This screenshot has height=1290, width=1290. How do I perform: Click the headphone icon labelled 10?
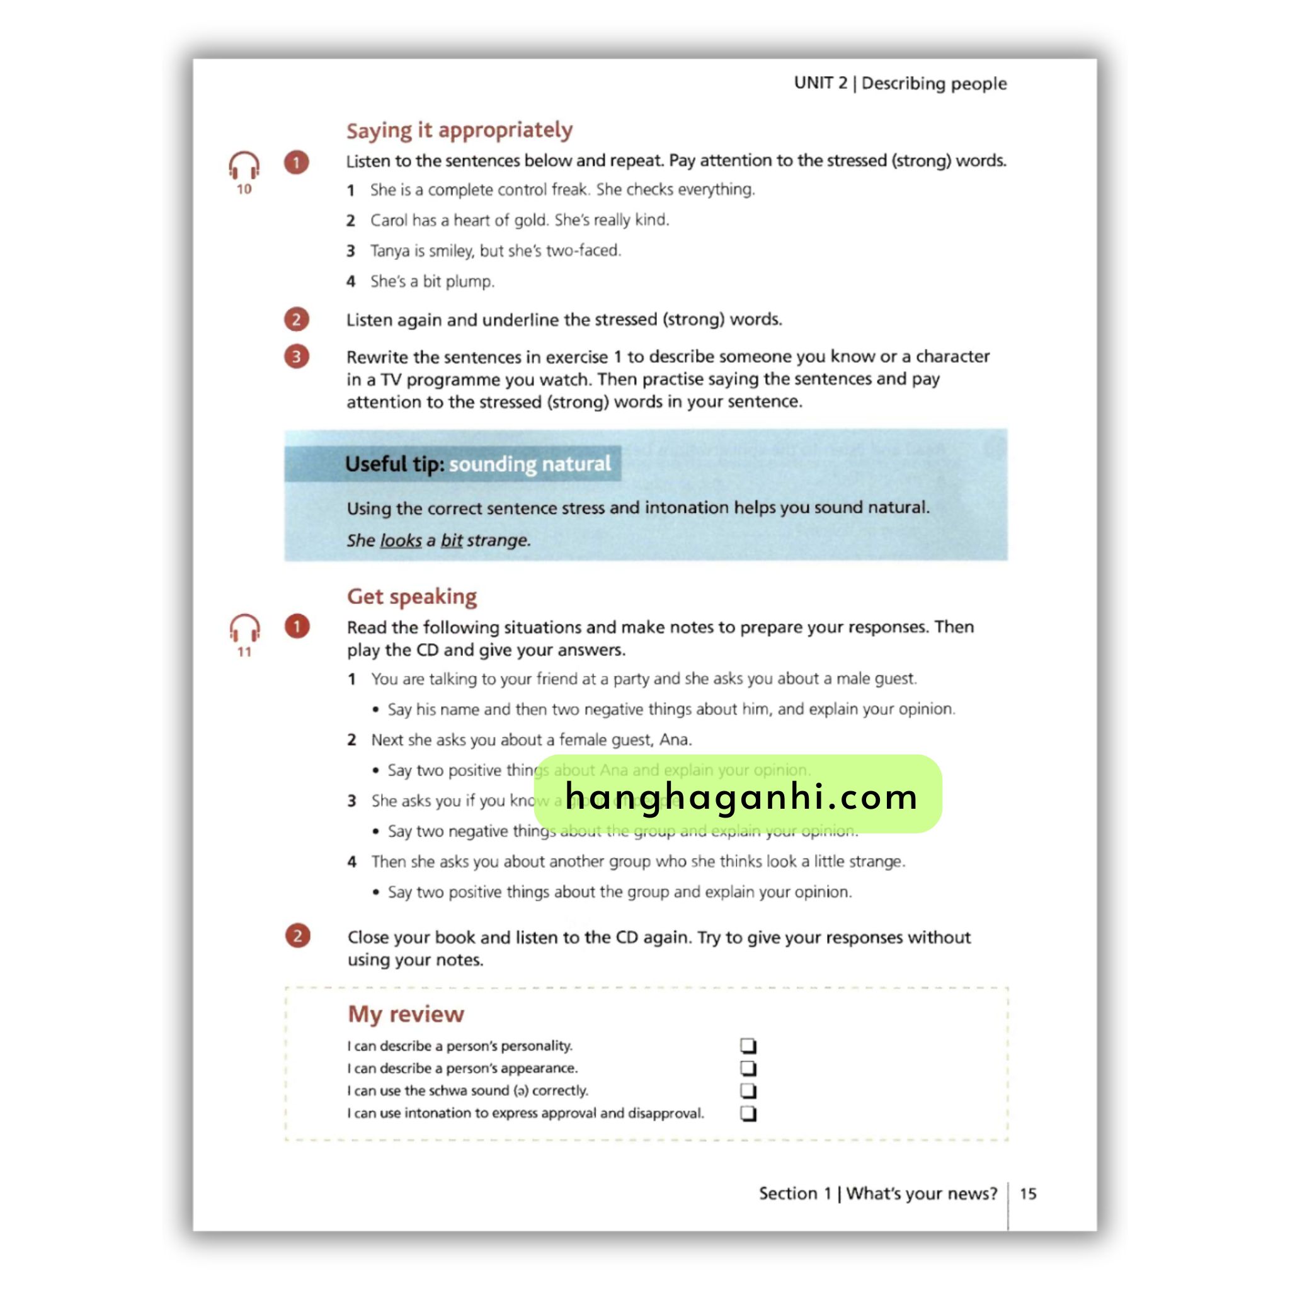[x=244, y=166]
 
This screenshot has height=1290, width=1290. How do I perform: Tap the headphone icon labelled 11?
[x=244, y=629]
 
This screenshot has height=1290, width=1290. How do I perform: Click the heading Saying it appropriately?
[x=459, y=130]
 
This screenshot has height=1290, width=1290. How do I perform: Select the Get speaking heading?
[x=411, y=596]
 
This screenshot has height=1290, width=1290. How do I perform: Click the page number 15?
[x=1027, y=1193]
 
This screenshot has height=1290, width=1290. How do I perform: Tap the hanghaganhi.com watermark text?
[x=741, y=797]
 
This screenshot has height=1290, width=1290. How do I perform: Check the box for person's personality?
[x=748, y=1045]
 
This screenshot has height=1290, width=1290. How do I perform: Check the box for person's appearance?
[x=748, y=1068]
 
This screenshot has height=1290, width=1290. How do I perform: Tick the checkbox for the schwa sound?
[x=748, y=1090]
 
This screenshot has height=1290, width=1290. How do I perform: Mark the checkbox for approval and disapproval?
[x=748, y=1113]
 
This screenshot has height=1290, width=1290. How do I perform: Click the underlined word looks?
[x=401, y=540]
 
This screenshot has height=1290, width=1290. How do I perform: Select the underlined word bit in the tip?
[x=452, y=540]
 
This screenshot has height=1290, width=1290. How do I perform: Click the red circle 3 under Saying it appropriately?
[x=297, y=357]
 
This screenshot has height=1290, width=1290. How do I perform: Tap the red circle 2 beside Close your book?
[x=298, y=936]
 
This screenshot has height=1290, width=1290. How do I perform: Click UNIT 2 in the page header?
[x=821, y=84]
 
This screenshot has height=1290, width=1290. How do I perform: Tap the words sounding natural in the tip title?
[x=530, y=464]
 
